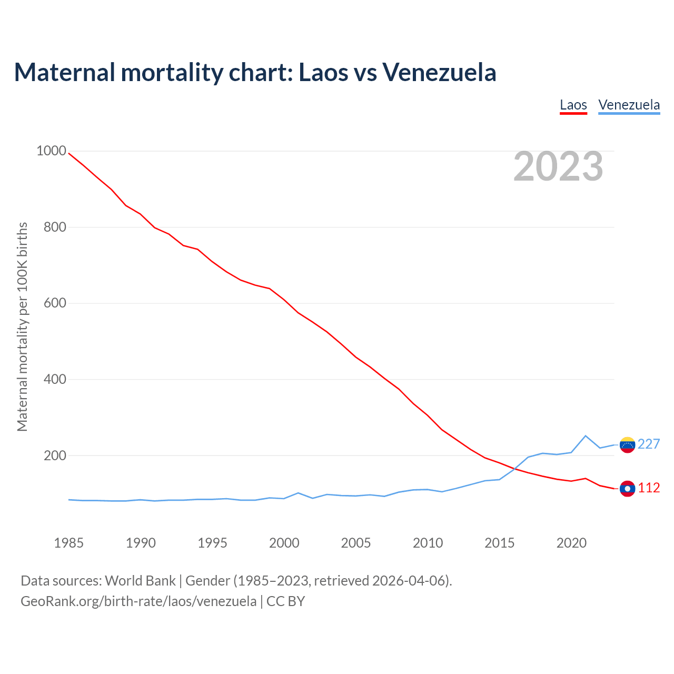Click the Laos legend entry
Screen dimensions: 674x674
pos(573,105)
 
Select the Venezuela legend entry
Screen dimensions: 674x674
pos(629,105)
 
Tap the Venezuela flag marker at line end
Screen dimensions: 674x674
pos(627,445)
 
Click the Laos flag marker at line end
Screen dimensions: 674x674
pos(627,489)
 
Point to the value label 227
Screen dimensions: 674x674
pos(649,444)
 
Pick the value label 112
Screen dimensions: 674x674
pos(649,488)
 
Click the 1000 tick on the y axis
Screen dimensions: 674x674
pos(51,151)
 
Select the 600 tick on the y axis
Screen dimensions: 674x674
pos(55,303)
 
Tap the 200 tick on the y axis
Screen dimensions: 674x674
pos(55,455)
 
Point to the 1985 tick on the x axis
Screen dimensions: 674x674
pos(69,543)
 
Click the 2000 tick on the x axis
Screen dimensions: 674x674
pos(284,543)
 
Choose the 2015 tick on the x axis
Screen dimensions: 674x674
pos(499,543)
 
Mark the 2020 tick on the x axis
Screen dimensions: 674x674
pos(571,543)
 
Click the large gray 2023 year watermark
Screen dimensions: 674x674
pos(558,166)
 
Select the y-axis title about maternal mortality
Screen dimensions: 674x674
pos(22,326)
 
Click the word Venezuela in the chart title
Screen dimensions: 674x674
pos(439,72)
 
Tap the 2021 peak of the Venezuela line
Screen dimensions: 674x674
pos(586,435)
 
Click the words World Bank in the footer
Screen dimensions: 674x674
pos(140,581)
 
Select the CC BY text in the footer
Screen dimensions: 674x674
pos(285,601)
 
